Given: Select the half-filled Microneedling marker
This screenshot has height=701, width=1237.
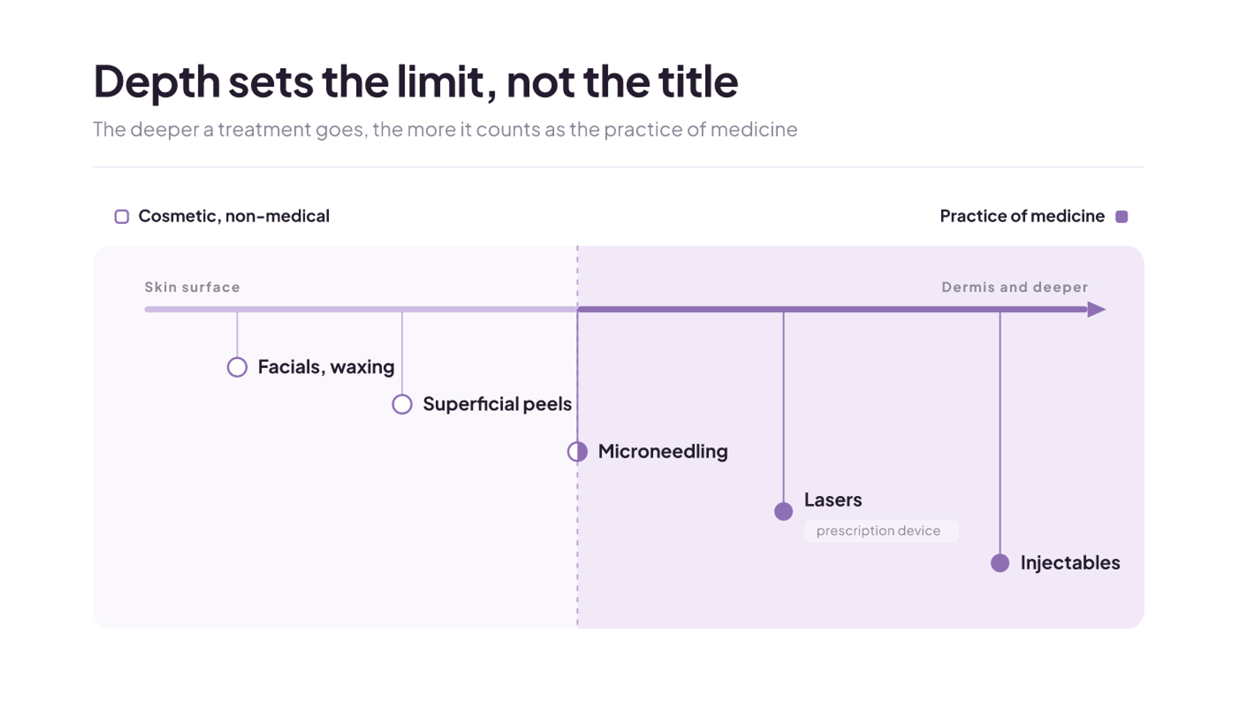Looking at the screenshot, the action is click(577, 452).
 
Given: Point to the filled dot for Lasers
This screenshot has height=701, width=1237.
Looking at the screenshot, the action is click(783, 511).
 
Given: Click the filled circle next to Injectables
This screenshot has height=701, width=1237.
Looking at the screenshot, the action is click(1000, 563).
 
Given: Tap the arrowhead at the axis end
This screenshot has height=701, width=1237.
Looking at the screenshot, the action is click(1097, 309).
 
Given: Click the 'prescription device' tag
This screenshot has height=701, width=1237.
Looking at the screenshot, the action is click(881, 531).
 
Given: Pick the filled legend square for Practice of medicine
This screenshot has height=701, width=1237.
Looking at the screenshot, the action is click(1122, 217).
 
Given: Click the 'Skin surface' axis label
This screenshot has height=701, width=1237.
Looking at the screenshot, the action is click(192, 287).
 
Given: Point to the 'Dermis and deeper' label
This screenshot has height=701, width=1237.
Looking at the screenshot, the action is click(1015, 287).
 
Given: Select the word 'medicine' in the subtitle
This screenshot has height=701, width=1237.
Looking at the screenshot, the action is click(754, 129).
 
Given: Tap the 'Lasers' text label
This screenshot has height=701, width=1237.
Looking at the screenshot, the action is click(833, 500).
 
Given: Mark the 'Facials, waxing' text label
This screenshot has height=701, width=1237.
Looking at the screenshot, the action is click(326, 367).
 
